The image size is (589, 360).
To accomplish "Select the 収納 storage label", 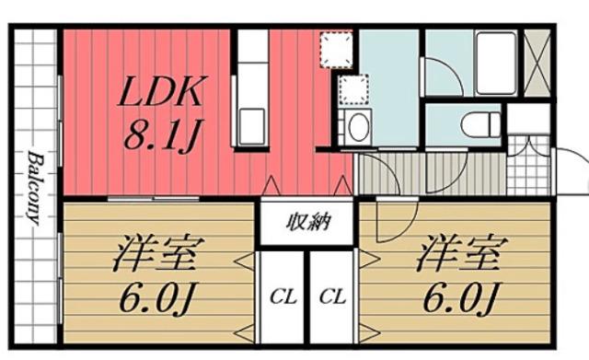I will (x=306, y=222).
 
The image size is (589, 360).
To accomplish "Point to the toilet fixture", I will (x=479, y=123).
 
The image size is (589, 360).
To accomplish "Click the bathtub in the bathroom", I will (x=496, y=62).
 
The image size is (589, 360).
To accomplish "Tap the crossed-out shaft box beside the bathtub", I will (x=536, y=62).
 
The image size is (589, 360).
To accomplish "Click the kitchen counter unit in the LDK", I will (x=251, y=87).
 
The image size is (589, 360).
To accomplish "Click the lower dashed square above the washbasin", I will (x=352, y=89).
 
